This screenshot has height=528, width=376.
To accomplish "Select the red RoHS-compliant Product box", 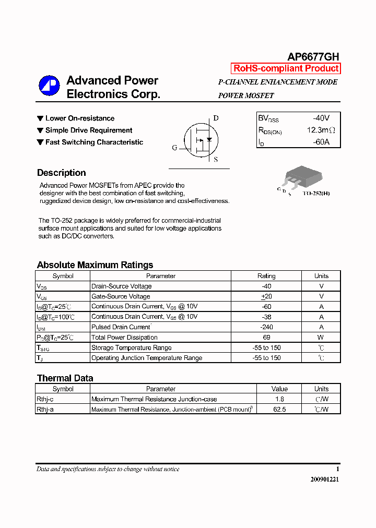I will click(286, 68).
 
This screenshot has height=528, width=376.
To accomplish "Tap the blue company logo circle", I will click(50, 87).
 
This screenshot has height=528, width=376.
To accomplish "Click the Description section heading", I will click(61, 173).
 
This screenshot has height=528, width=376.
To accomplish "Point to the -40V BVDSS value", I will click(321, 118).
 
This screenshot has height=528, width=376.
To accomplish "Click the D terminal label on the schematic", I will click(216, 118).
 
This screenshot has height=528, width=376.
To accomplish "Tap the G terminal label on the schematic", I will click(174, 148).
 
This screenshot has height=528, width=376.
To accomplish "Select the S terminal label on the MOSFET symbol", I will click(216, 160).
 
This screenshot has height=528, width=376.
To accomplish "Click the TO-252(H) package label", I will click(316, 194).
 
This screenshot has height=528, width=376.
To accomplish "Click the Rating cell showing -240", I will click(266, 327).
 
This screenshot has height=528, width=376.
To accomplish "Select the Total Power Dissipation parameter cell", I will click(124, 338).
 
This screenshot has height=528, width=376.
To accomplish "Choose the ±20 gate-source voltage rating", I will click(266, 296).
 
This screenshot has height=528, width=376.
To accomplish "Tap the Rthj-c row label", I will click(45, 399).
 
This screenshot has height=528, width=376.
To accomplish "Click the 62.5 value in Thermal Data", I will click(279, 410).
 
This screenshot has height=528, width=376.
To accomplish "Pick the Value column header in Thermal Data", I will click(279, 389).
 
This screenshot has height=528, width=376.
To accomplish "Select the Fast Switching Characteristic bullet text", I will click(94, 142).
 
